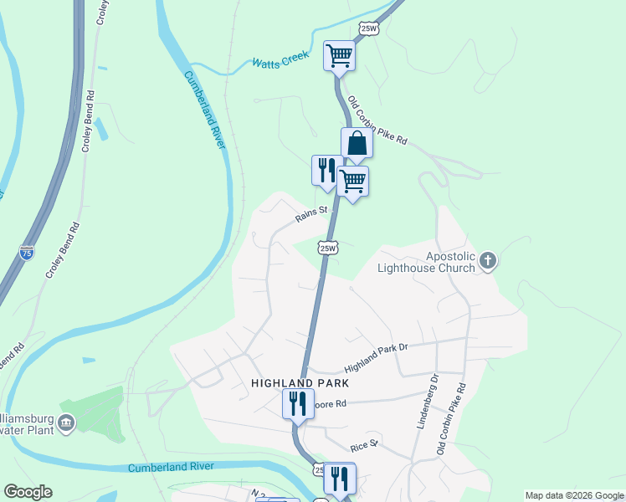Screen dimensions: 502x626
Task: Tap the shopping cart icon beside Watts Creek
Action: [339, 56]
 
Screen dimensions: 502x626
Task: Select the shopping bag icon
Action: [357, 143]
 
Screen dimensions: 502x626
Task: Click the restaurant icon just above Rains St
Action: [326, 170]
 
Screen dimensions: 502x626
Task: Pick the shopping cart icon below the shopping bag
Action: [353, 181]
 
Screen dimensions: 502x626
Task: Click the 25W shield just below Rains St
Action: [328, 248]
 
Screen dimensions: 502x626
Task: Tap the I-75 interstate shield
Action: [27, 251]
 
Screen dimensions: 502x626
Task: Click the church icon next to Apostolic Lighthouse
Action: [488, 262]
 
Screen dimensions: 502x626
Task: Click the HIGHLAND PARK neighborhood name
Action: [299, 382]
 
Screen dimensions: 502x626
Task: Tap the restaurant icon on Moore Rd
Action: [298, 404]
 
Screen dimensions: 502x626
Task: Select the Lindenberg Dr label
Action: [426, 402]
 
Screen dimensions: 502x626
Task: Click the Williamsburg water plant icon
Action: [65, 428]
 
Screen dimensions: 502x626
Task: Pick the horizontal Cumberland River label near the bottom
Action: [171, 467]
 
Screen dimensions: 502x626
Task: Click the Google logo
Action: [28, 492]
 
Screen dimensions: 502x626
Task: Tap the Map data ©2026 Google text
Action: [574, 495]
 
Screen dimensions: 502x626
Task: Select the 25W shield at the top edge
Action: [368, 28]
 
